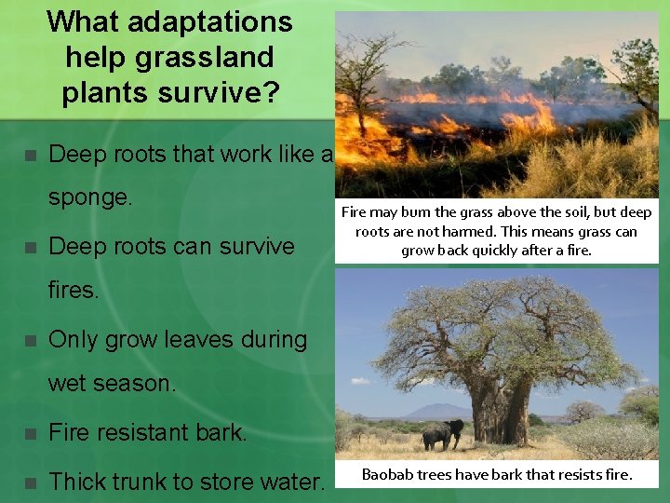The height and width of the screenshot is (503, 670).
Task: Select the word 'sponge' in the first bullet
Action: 90,199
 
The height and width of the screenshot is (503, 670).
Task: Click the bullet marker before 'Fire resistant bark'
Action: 31,434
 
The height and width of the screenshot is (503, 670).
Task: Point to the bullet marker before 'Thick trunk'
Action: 31,483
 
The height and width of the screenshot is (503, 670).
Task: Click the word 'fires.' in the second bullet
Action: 73,291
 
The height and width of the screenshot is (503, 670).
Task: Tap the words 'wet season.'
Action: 111,384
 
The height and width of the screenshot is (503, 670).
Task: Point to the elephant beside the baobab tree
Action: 441,434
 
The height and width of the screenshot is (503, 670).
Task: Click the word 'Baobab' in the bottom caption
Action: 390,474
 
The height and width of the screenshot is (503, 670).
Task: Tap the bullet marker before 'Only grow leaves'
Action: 31,341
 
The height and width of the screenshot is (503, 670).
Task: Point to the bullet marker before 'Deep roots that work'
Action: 31,155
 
